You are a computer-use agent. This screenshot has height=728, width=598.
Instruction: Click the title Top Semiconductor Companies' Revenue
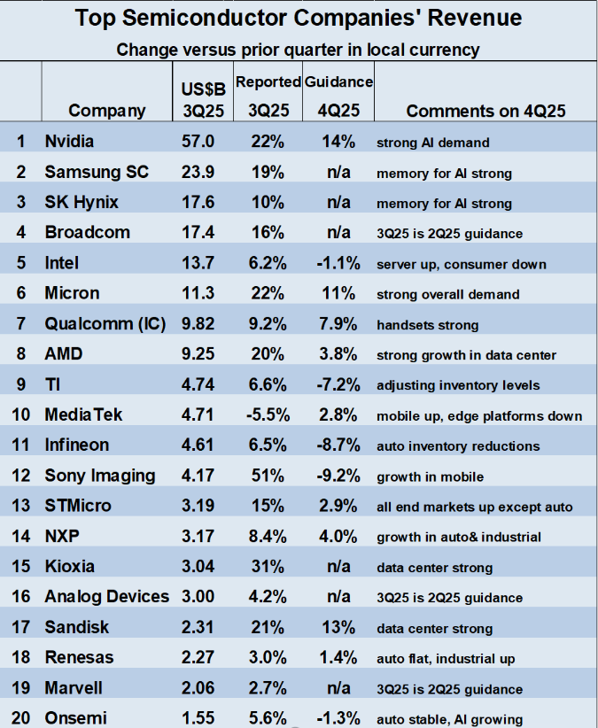click(x=298, y=18)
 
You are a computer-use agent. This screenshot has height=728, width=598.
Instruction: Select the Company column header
click(x=106, y=111)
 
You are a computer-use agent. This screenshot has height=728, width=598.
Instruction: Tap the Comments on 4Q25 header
click(x=485, y=111)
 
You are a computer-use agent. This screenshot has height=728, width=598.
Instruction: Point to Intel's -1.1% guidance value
click(x=338, y=263)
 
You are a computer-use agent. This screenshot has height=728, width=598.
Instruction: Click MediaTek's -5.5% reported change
click(x=268, y=415)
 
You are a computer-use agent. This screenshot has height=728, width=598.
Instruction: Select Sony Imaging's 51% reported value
click(x=268, y=476)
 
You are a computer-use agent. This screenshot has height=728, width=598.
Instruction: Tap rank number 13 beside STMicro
click(x=19, y=507)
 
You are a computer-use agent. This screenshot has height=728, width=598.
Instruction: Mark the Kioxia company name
click(x=70, y=567)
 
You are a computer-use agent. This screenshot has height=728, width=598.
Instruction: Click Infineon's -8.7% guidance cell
click(x=338, y=445)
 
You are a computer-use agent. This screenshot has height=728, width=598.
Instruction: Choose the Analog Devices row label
click(x=106, y=597)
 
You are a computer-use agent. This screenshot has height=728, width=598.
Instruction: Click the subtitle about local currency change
click(x=298, y=49)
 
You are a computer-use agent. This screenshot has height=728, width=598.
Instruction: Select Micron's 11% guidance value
click(x=338, y=294)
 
